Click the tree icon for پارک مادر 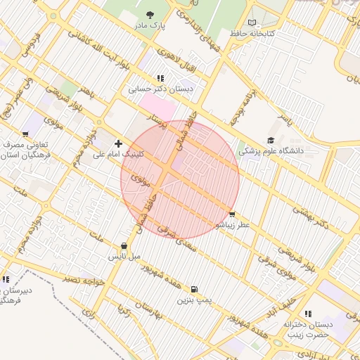(x=149, y=14)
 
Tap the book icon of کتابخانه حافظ (x=252, y=22)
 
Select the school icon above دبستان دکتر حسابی (x=160, y=78)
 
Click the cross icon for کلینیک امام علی (x=118, y=143)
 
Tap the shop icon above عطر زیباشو (x=232, y=214)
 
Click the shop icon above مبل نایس (x=124, y=246)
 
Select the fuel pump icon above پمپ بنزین (x=194, y=289)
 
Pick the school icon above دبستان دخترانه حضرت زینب (x=307, y=314)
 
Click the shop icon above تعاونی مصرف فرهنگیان (x=26, y=134)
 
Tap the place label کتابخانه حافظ (x=252, y=33)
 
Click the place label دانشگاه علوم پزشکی (x=271, y=150)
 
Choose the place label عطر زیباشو (x=232, y=225)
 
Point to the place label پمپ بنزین (x=194, y=300)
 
